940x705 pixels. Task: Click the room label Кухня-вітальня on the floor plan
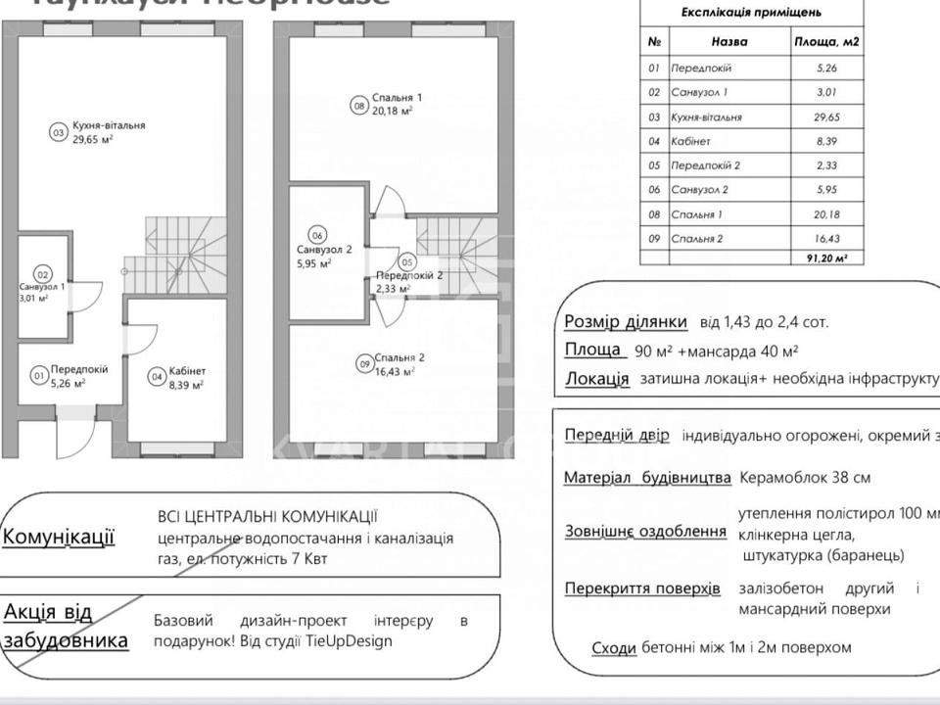pos(109,125)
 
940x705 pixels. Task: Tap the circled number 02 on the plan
pos(42,275)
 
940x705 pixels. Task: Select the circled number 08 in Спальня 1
pos(359,106)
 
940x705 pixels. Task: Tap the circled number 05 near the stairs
pos(405,262)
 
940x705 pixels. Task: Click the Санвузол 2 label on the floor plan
pos(324,250)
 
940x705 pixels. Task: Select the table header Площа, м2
pos(826,42)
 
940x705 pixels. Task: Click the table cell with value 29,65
pos(826,117)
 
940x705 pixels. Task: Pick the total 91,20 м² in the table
pos(826,258)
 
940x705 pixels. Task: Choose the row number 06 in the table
pos(654,190)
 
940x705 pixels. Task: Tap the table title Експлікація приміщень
pos(751,13)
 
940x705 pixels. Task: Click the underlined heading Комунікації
pos(59,537)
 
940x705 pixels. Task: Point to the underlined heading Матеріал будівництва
pos(647,478)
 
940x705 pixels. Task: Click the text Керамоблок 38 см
pos(805,478)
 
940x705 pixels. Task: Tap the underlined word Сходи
pos(614,647)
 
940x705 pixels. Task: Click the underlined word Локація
pos(596,379)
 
